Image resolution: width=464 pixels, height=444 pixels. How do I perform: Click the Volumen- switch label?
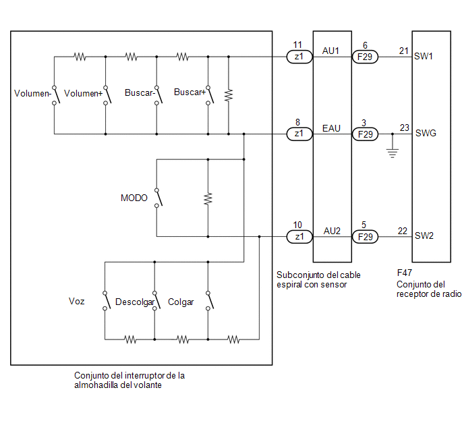point(32,94)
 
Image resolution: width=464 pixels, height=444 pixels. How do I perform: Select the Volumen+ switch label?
point(83,94)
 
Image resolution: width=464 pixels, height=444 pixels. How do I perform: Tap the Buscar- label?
point(140,93)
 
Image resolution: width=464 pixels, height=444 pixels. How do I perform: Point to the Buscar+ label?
point(190,92)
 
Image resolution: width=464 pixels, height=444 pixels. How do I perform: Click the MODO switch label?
point(134,198)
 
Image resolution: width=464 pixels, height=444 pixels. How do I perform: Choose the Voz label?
point(77,302)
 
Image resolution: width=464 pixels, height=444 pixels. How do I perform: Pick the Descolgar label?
point(135,302)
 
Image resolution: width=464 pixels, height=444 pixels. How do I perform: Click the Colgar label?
point(181,302)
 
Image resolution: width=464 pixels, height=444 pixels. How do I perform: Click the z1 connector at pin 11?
point(299,57)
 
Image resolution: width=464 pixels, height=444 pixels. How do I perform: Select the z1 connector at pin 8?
point(299,134)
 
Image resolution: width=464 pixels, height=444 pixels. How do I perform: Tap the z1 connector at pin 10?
point(299,237)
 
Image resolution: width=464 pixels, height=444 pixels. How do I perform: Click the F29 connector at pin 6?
point(365,57)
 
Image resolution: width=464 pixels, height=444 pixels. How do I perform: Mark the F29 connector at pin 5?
point(365,237)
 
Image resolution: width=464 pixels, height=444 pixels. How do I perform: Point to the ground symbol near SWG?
point(393,153)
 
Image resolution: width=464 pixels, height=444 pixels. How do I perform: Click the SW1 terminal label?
point(424,56)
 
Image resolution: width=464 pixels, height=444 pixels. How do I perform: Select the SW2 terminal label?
point(424,236)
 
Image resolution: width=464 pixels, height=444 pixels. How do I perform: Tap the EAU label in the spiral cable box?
point(331,128)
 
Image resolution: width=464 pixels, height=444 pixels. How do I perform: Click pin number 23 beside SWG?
point(404,128)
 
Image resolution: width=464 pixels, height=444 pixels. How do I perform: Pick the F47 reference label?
point(405,273)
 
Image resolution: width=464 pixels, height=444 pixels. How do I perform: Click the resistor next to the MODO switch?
point(208,198)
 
